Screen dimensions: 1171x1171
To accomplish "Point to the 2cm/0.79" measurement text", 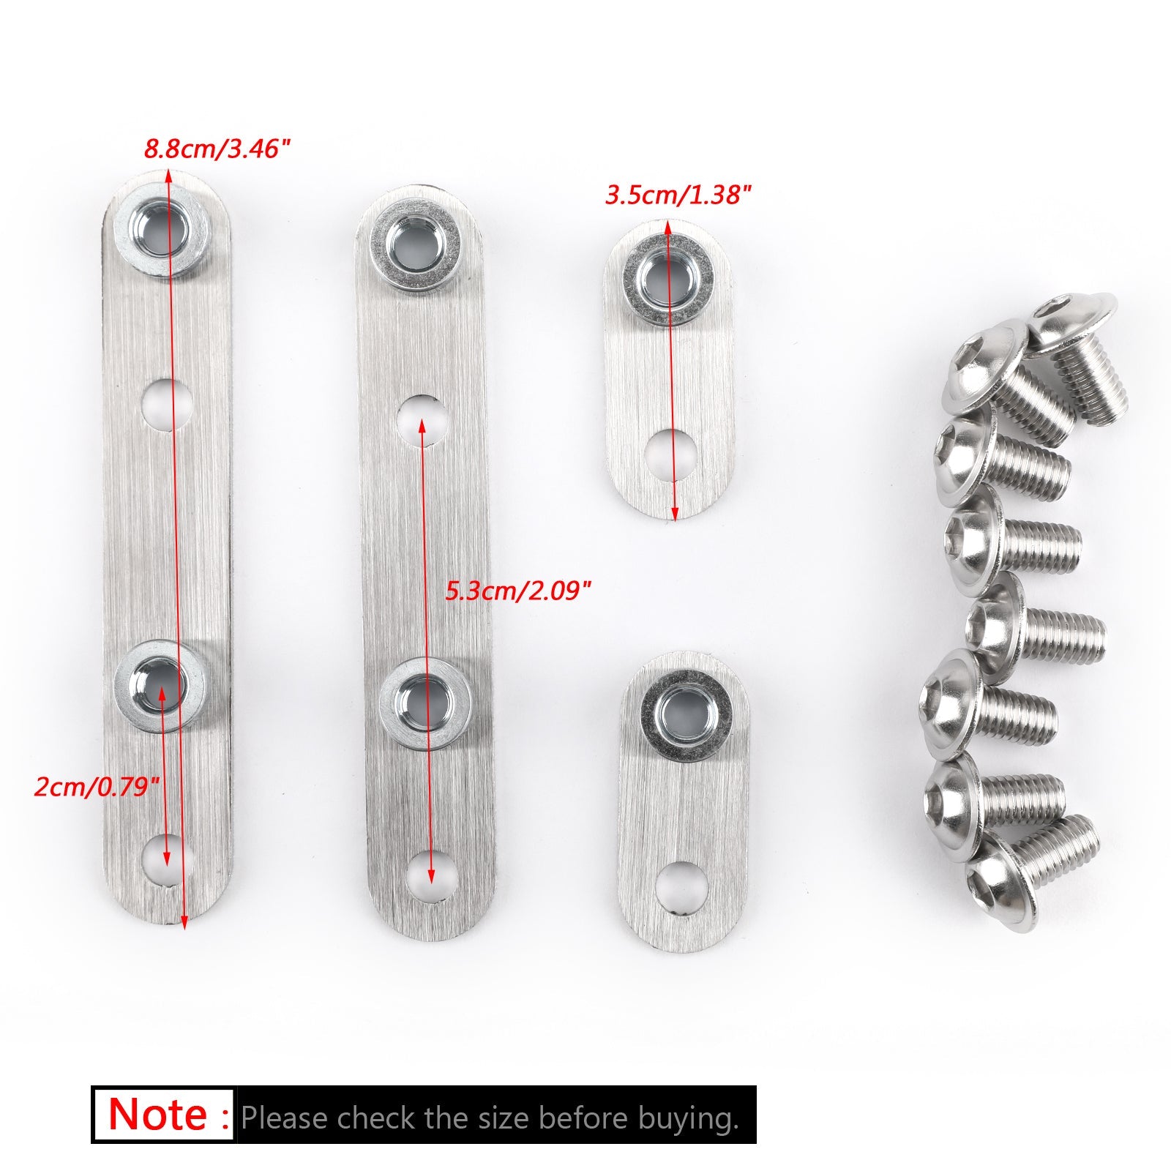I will coord(97,787).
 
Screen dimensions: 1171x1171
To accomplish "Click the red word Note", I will coord(157,1115).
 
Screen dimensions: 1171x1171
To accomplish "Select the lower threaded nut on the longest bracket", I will coord(160,685).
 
